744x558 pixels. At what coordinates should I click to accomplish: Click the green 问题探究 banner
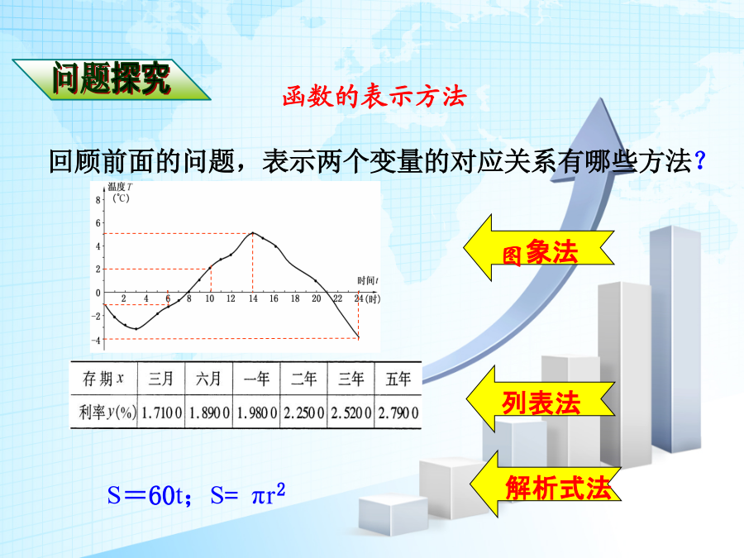(111, 79)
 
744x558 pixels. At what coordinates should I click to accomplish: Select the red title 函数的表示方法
(374, 97)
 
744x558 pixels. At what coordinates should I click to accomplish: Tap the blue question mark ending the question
(700, 161)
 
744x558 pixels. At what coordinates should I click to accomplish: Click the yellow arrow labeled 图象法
(538, 248)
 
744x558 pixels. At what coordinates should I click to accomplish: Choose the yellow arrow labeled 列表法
(541, 399)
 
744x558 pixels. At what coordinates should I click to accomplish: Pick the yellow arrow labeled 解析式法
(546, 484)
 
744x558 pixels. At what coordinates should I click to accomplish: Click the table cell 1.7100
(161, 413)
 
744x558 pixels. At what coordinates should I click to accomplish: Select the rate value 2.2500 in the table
(303, 413)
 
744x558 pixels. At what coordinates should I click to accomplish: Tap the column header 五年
(398, 379)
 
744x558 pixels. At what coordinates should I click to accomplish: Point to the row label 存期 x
(103, 379)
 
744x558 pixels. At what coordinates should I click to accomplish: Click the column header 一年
(256, 379)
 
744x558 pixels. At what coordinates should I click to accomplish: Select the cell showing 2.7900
(398, 413)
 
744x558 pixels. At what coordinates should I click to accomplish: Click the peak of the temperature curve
(252, 233)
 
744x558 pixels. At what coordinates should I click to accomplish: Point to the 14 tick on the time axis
(253, 298)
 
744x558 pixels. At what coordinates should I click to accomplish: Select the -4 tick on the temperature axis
(97, 341)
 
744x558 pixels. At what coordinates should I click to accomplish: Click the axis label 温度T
(121, 187)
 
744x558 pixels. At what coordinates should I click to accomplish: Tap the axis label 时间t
(368, 280)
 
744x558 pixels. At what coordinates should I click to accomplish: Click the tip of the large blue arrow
(601, 98)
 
